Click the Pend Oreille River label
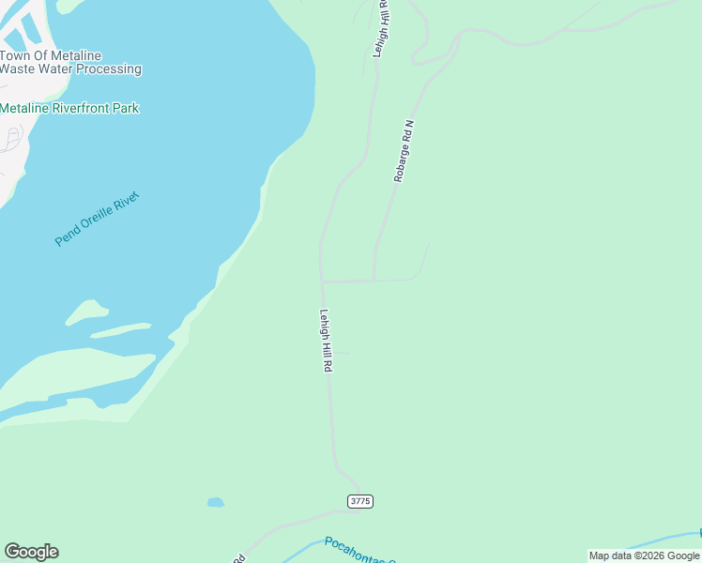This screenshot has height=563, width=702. click(97, 219)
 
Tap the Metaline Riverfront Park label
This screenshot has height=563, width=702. click(69, 108)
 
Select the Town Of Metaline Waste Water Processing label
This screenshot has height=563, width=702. click(70, 62)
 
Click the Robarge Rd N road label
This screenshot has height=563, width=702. click(404, 150)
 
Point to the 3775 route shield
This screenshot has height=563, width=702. click(360, 501)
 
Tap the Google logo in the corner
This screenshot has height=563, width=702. click(31, 552)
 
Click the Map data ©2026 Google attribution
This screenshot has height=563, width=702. click(644, 555)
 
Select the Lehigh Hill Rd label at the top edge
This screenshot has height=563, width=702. click(381, 28)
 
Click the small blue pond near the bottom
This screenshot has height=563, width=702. click(216, 502)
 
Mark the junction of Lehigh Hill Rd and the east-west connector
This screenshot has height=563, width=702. click(322, 281)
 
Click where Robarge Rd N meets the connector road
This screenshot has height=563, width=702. click(374, 280)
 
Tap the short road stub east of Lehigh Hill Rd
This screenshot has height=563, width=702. click(342, 354)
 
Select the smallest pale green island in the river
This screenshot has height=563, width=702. click(86, 310)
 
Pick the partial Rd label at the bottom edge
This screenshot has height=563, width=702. click(238, 558)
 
